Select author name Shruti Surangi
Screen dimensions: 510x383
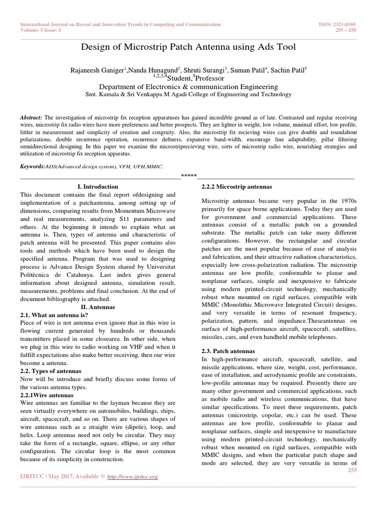pyautogui.click(x=202, y=71)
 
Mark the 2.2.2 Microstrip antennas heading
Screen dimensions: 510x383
pyautogui.click(x=236, y=186)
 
